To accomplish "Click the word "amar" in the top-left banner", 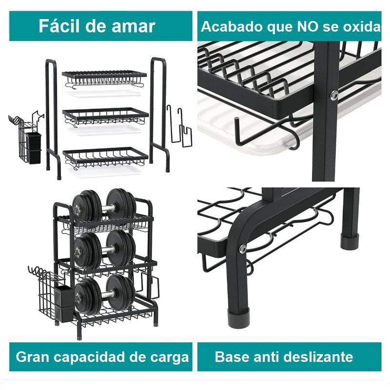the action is click(x=134, y=26).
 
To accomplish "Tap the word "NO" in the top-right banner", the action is click(x=308, y=26).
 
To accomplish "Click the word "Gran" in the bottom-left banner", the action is click(x=33, y=357).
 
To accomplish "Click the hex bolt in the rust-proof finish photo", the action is click(x=334, y=95).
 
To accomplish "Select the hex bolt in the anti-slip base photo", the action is click(x=242, y=248).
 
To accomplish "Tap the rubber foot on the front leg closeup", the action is click(x=238, y=318).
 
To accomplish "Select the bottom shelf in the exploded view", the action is click(x=105, y=157).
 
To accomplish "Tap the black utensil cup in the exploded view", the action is click(x=33, y=148).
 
